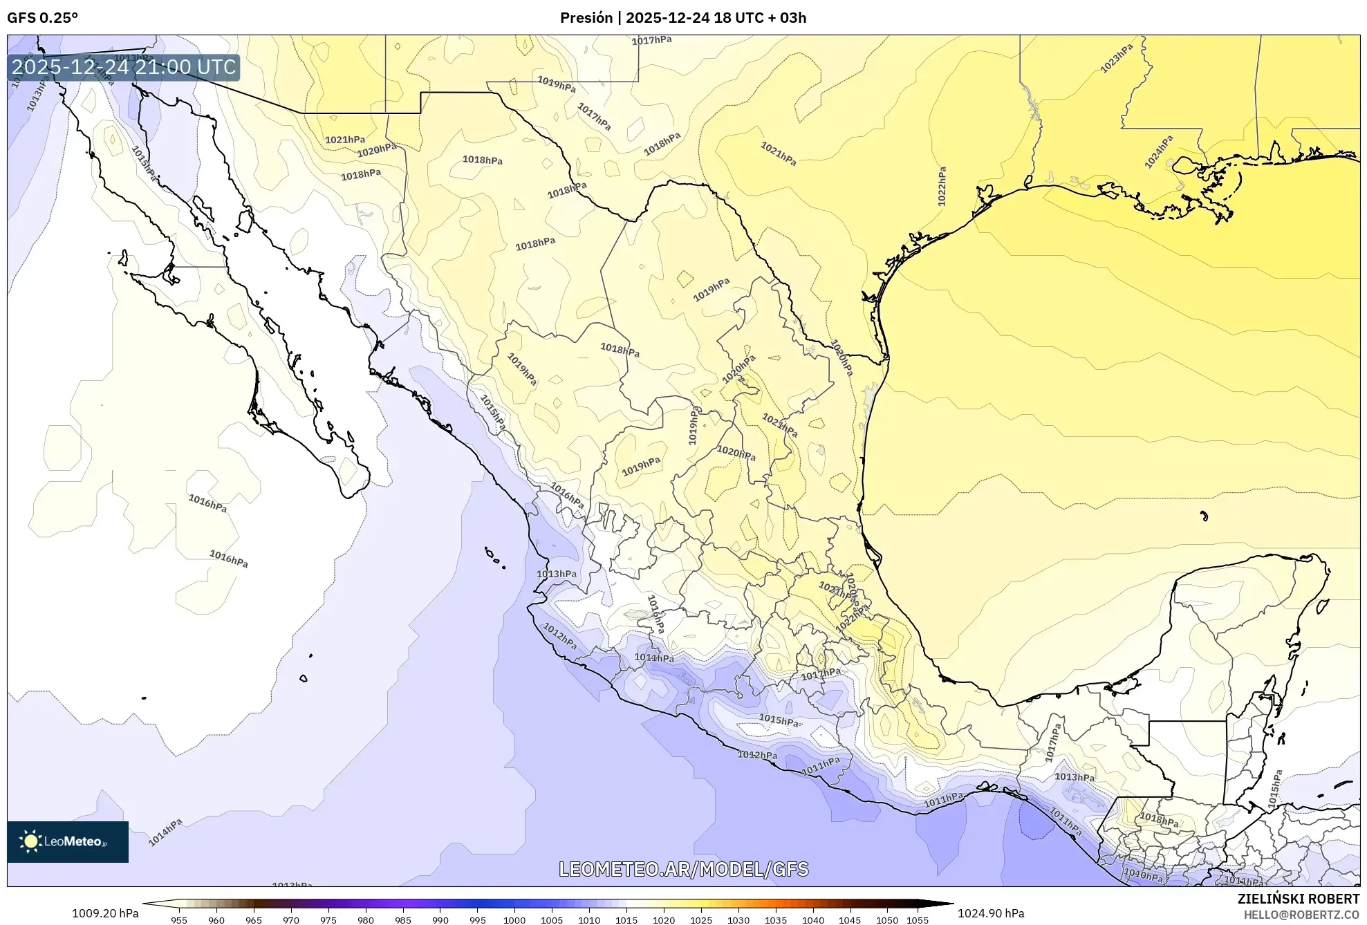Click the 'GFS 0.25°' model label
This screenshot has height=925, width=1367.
(42, 18)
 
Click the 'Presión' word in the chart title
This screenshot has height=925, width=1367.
(586, 18)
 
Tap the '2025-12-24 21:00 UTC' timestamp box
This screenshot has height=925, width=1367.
(124, 67)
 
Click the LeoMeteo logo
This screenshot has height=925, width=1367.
(68, 841)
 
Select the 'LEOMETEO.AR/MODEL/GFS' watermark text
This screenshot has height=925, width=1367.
(683, 869)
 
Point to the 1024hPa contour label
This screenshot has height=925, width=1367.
(1159, 151)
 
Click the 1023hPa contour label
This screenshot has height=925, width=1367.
(1117, 59)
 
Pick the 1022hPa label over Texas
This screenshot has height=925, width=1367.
(942, 186)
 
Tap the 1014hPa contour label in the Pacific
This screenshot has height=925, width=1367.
(165, 832)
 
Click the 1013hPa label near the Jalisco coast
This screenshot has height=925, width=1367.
(557, 574)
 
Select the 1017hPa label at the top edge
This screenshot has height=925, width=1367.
(651, 41)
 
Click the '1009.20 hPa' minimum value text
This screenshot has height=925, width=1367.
(105, 913)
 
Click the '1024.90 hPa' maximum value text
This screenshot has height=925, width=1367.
(991, 913)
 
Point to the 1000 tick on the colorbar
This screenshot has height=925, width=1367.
(514, 920)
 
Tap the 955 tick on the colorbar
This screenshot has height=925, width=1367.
(179, 920)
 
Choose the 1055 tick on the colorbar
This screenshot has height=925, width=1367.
(918, 920)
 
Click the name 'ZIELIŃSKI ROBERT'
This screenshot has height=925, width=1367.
(1299, 899)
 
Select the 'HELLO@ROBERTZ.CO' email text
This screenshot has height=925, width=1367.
(1301, 915)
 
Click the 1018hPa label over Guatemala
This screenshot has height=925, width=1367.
(1159, 821)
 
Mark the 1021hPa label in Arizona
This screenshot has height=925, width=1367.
(345, 140)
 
